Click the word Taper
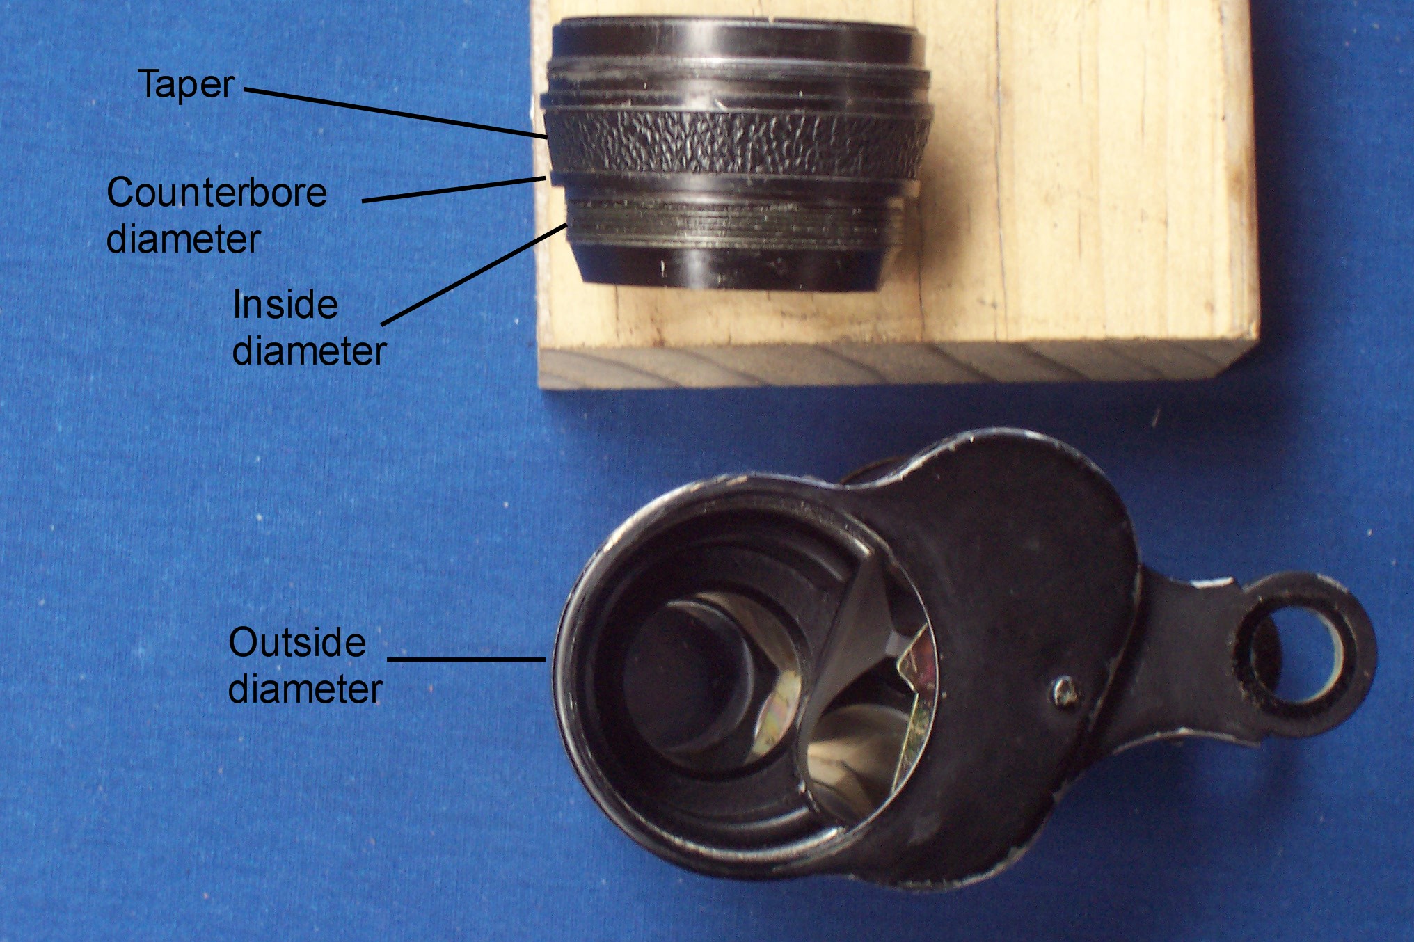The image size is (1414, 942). tap(186, 86)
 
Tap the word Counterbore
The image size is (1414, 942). tap(216, 193)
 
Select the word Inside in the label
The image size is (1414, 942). tap(285, 305)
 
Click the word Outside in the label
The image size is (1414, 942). tap(297, 643)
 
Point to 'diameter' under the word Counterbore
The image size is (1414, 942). tap(183, 239)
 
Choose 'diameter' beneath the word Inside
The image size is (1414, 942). tap(309, 351)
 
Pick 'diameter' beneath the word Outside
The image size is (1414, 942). tap(305, 689)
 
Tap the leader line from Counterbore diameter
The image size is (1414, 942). tap(454, 189)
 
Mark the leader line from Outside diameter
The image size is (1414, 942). tap(466, 659)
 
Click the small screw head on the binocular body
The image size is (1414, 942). tap(1065, 692)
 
